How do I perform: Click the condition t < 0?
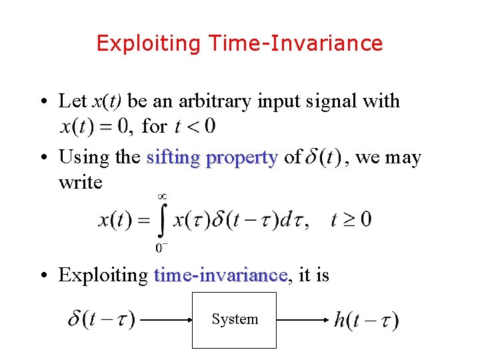[194, 125]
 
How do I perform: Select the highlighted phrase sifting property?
[211, 157]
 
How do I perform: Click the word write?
[81, 182]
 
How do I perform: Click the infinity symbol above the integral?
[161, 196]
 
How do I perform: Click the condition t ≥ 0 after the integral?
[351, 219]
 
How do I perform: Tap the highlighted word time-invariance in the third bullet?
[220, 275]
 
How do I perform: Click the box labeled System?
[234, 319]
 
